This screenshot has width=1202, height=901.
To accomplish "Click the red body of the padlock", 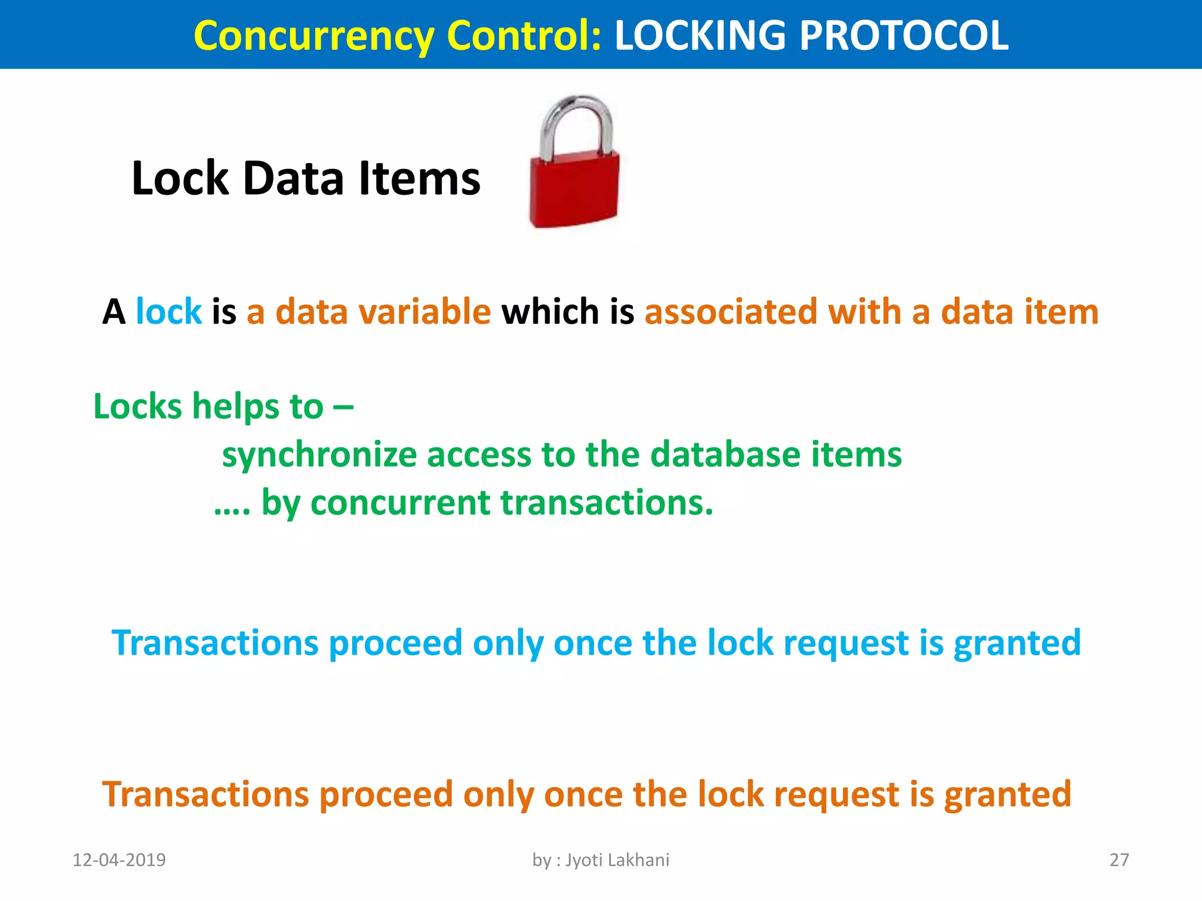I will (x=574, y=191).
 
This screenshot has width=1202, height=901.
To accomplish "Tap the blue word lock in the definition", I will (x=168, y=311).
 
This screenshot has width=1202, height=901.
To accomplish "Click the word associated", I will (x=731, y=311).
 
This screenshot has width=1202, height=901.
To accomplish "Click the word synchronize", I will (x=319, y=455).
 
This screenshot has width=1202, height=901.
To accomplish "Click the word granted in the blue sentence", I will (x=1017, y=643).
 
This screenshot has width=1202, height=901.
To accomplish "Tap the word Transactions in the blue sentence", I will (x=215, y=643).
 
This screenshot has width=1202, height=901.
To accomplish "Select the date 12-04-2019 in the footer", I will (x=119, y=860).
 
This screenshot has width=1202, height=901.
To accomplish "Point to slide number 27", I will (x=1119, y=860).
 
